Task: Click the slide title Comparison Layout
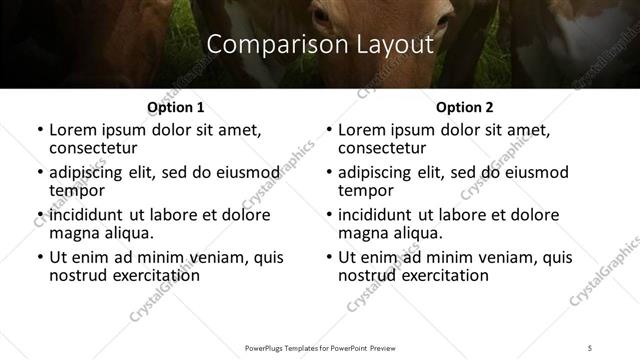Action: [319, 45]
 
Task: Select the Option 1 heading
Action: [176, 107]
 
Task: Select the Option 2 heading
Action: [465, 107]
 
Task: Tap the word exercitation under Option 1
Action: [141, 275]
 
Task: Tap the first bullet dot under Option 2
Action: [329, 131]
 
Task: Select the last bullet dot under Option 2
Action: [329, 258]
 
